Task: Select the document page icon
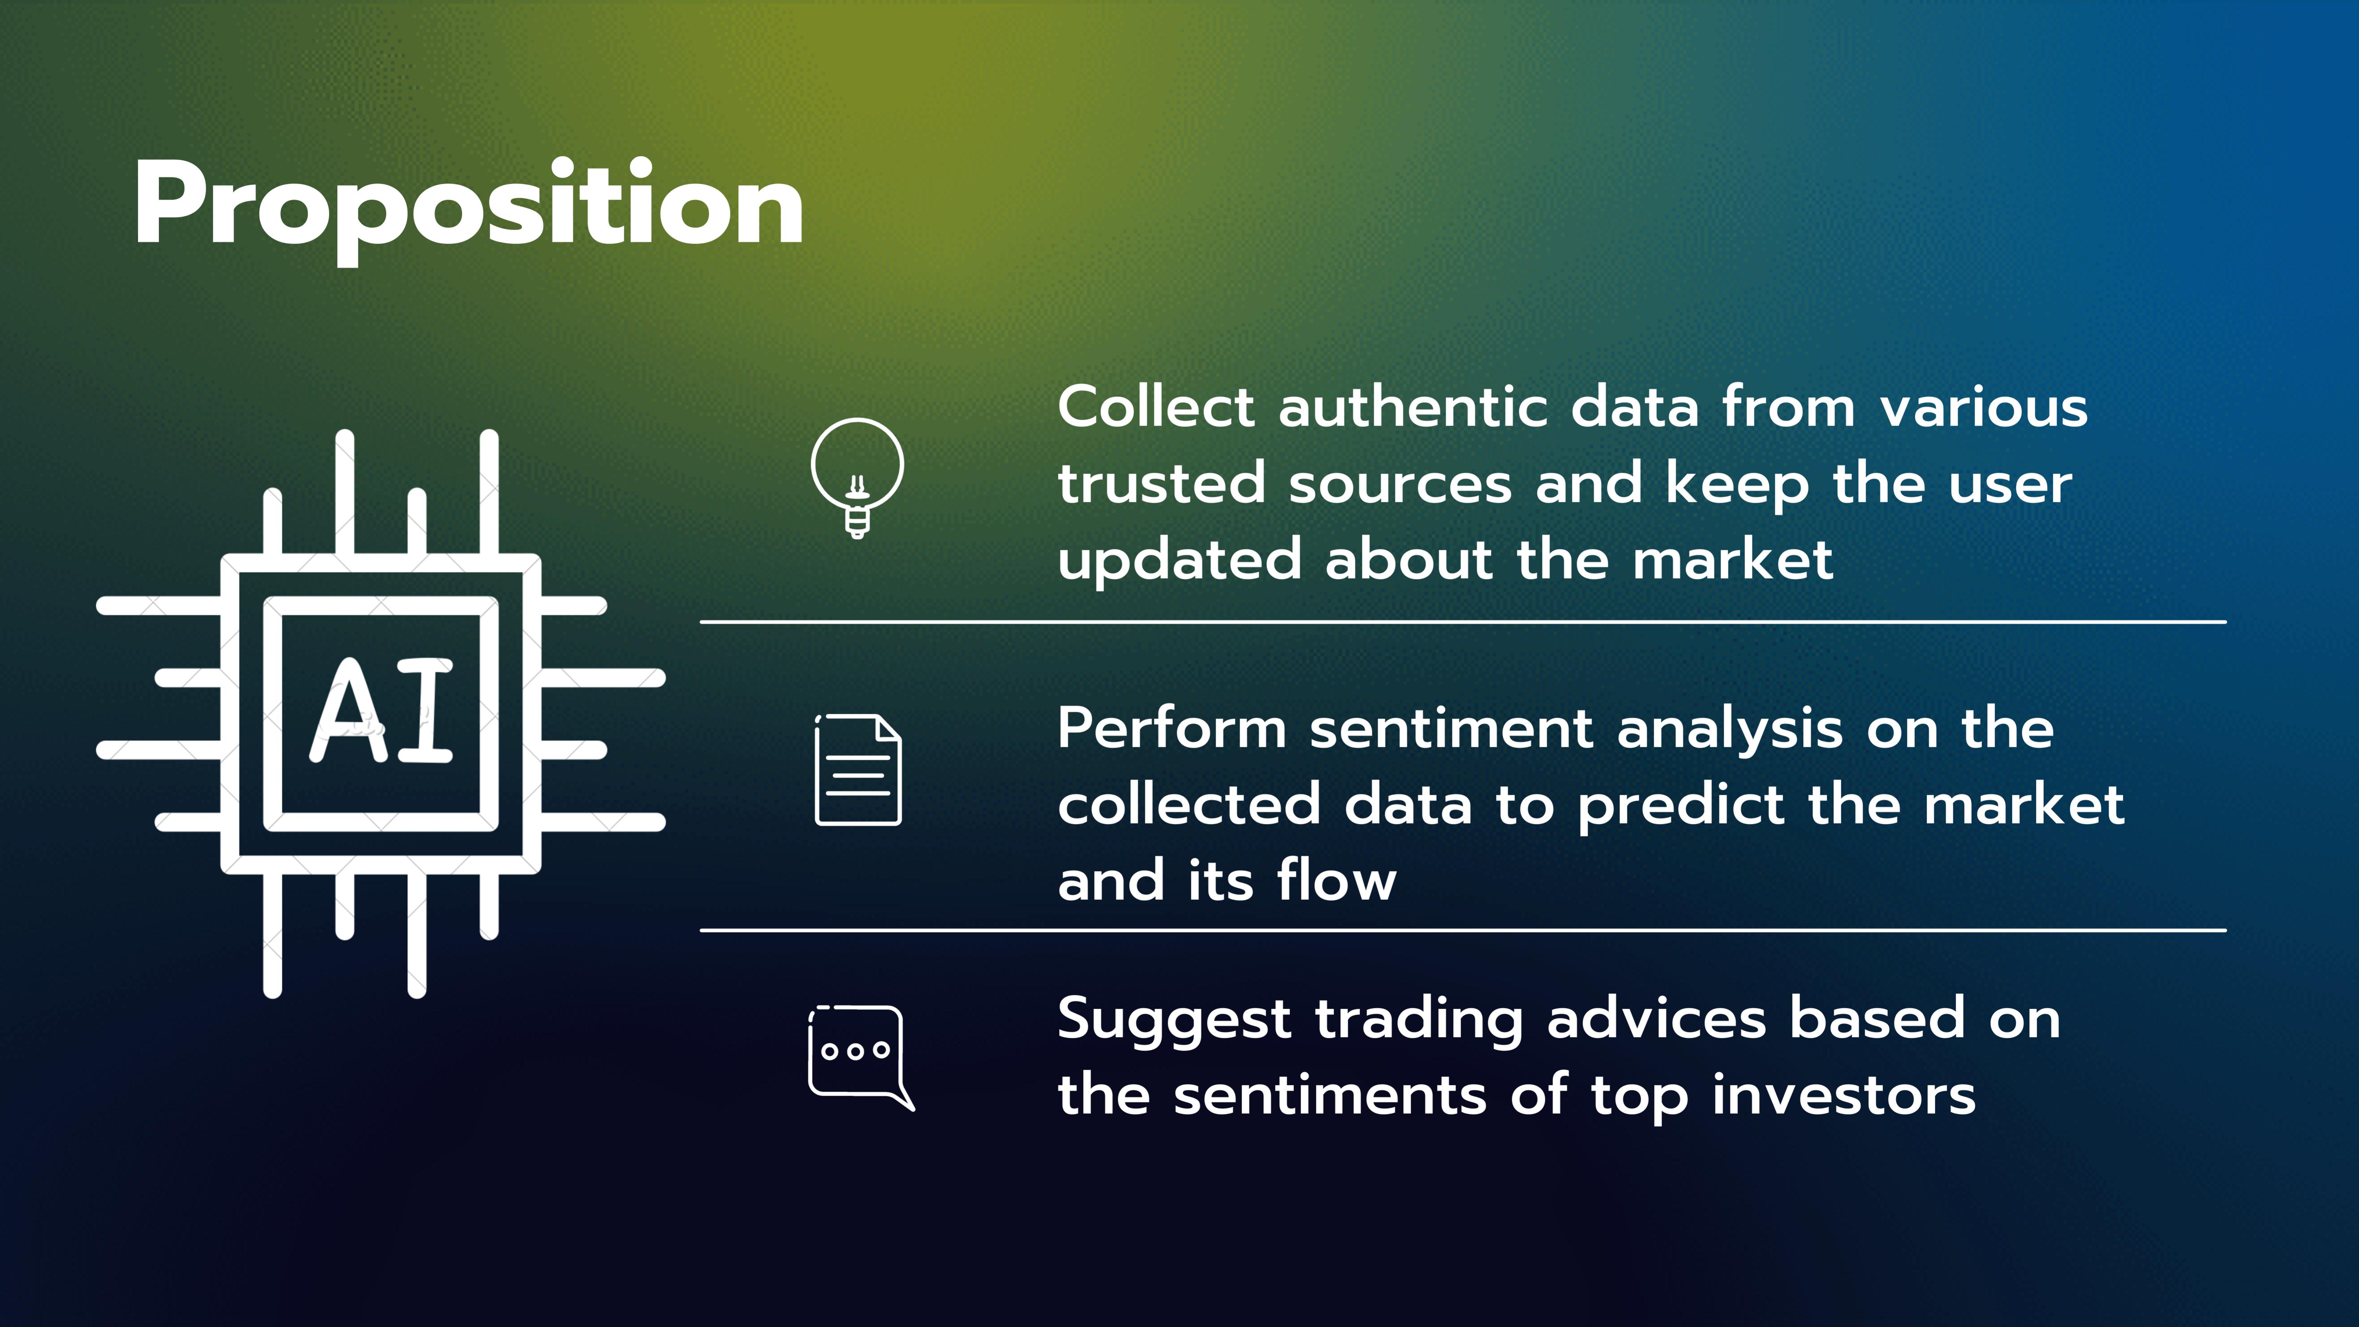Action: click(858, 769)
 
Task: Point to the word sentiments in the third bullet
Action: click(1330, 1096)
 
